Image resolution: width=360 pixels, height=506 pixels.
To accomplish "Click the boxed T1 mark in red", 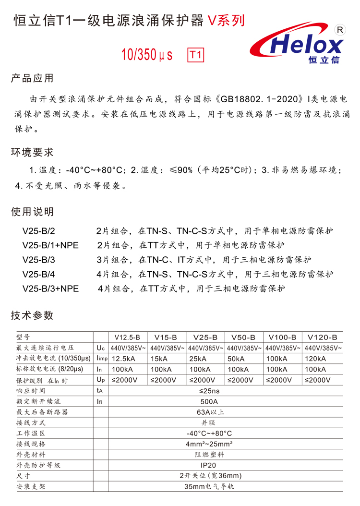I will click(x=195, y=54).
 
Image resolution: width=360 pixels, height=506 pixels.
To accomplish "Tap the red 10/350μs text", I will click(x=147, y=54).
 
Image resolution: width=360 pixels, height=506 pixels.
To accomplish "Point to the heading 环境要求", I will click(x=32, y=153).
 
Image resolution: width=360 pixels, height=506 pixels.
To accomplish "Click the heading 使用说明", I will click(x=32, y=212).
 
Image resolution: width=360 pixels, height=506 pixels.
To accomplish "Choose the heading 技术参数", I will click(x=32, y=315).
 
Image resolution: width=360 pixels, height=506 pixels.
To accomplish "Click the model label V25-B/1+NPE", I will click(x=50, y=245).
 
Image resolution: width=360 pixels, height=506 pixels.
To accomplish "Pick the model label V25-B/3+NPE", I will click(x=50, y=289).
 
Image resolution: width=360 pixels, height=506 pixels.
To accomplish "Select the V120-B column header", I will click(x=323, y=337).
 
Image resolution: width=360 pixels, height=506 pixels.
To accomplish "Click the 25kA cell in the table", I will click(x=198, y=359).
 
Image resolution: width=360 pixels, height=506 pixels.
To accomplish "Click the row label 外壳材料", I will click(x=31, y=454).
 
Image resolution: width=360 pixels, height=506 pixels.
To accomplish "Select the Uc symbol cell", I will click(x=100, y=348).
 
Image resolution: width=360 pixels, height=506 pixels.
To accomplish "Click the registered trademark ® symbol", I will click(x=340, y=30).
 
